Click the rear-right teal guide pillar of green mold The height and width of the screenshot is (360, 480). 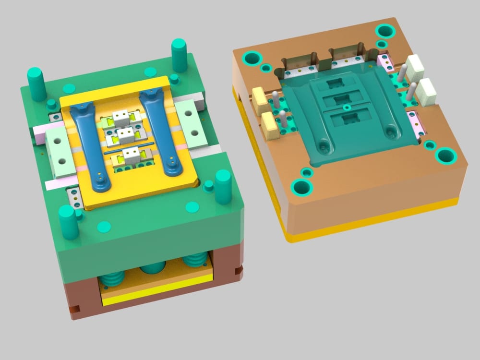coord(179,54)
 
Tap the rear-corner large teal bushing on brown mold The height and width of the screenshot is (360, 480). coord(385,32)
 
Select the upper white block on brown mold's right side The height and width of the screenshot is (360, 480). coord(414,68)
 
